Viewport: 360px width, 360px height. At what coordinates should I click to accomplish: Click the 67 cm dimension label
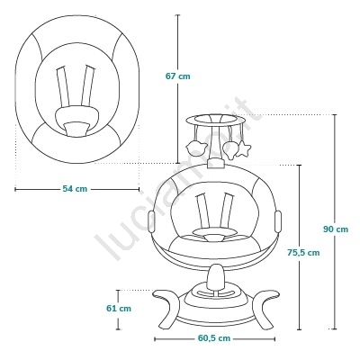[x=178, y=76]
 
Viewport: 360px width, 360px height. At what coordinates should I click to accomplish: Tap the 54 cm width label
[x=75, y=189]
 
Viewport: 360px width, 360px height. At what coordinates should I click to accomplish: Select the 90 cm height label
[x=336, y=229]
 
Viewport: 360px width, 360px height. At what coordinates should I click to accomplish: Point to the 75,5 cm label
[x=303, y=253]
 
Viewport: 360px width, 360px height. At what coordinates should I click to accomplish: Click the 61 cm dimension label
[x=119, y=308]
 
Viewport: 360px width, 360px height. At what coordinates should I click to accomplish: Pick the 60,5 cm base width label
[x=214, y=338]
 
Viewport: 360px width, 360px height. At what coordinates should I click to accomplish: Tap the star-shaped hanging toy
[x=243, y=149]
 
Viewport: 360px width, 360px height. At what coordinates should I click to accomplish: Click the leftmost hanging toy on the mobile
[x=196, y=147]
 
